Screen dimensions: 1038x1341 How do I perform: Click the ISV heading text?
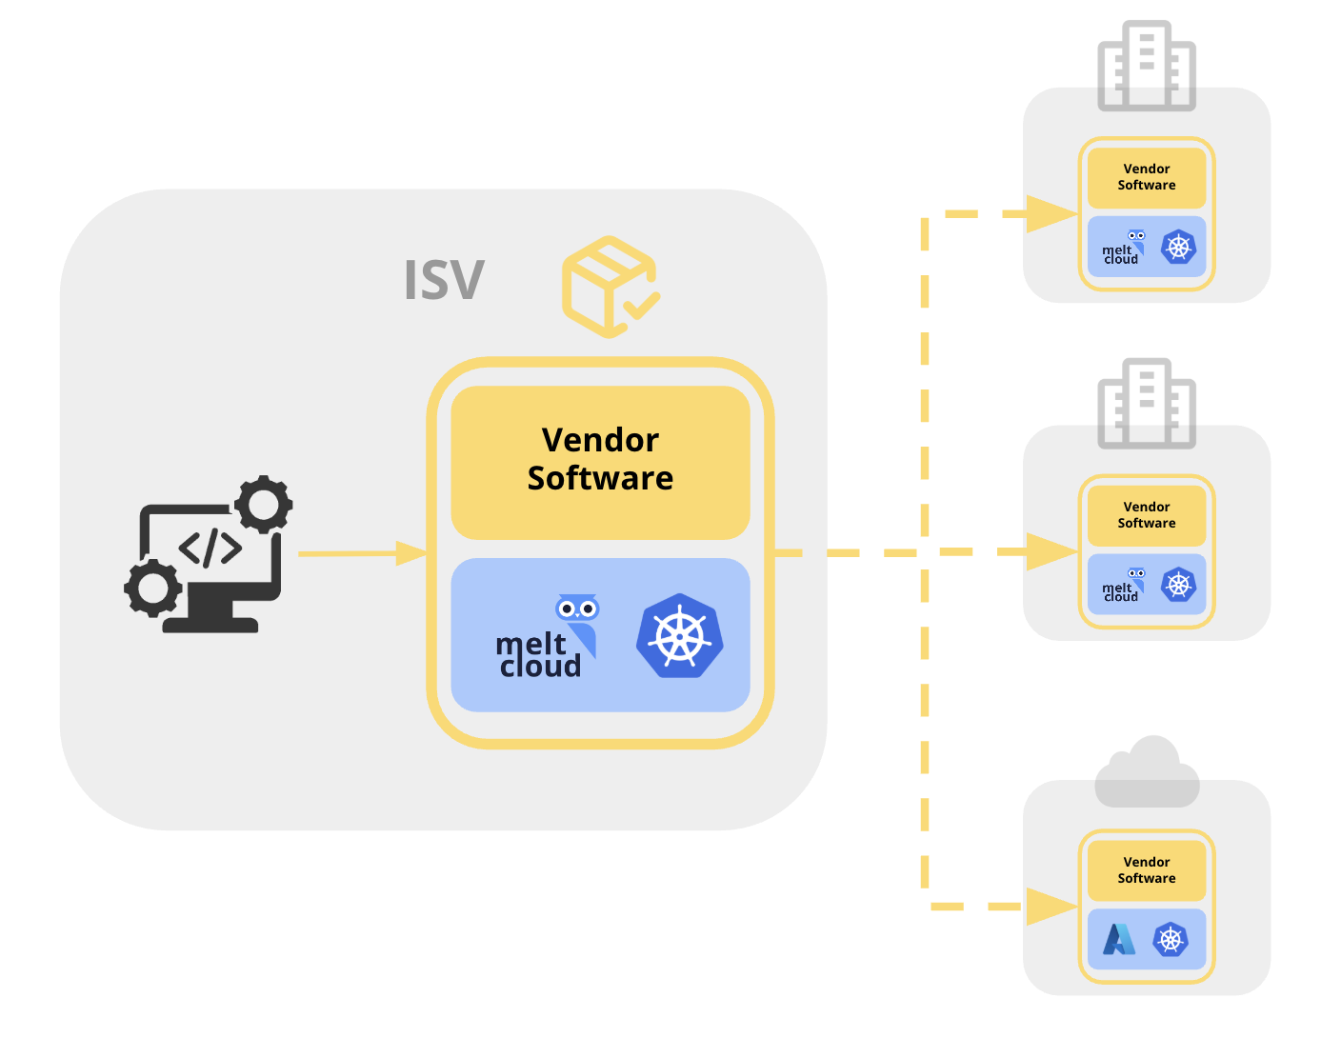444,280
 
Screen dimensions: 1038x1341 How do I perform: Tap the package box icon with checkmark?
610,287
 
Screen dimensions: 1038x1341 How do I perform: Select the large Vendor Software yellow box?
600,461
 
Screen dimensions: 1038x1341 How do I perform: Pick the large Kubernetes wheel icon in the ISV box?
680,635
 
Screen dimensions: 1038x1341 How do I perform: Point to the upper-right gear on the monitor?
264,504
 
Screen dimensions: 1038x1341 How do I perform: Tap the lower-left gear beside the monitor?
152,588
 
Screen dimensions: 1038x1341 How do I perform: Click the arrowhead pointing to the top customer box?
1052,214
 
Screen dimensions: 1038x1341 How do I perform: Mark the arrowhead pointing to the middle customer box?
1052,552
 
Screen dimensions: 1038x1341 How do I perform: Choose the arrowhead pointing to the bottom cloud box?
1052,907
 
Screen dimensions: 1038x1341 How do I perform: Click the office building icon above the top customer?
1147,66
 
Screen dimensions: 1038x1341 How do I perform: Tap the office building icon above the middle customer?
1147,404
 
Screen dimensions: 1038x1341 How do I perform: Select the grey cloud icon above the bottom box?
1147,772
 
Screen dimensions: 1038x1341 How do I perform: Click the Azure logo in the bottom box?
1119,940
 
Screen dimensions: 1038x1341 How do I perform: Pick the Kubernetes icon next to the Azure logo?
1171,940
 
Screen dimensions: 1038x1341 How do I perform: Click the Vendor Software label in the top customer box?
1147,177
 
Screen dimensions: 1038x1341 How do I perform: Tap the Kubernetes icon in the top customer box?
1179,248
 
